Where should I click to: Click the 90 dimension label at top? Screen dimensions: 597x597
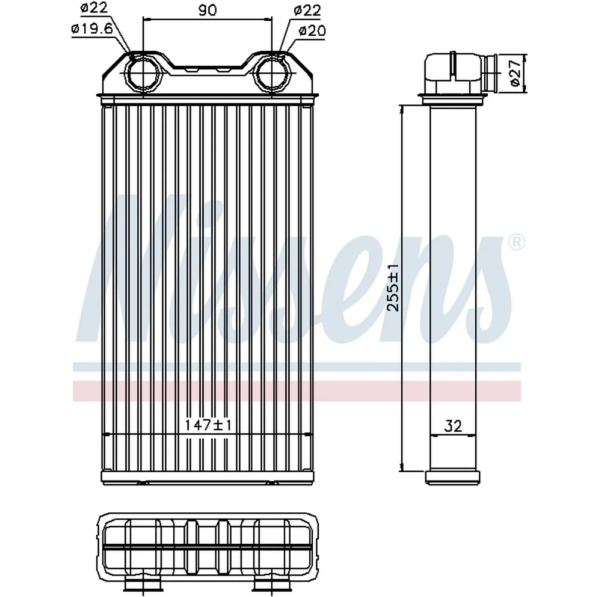click(208, 10)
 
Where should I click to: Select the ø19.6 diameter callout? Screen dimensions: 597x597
click(92, 29)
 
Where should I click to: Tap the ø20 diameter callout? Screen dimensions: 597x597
click(312, 30)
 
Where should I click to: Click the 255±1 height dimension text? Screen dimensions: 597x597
click(393, 288)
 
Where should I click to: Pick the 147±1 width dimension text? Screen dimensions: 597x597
click(208, 425)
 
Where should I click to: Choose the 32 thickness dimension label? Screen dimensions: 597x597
click(453, 426)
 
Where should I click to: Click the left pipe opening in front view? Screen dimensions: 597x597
click(143, 73)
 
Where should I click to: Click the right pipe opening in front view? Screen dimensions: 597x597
click(273, 73)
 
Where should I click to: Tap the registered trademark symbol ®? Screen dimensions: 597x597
click(516, 242)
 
